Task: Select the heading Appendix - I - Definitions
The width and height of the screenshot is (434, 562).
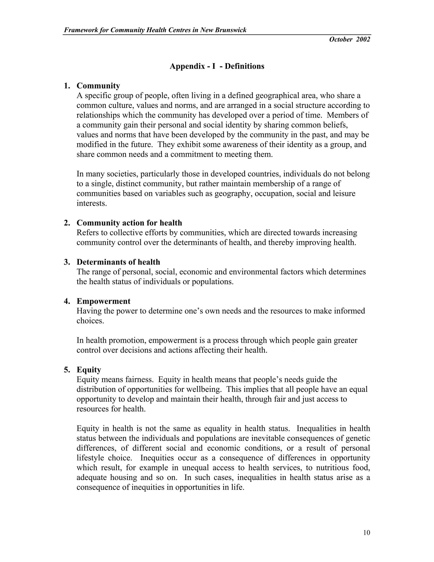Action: coord(217,66)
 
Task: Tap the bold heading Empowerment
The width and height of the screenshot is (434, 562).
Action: coord(103,301)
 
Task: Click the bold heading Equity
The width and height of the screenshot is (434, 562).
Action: coord(89,370)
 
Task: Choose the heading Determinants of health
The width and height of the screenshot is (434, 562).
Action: coord(118,262)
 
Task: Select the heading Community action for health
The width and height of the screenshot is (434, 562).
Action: coord(129,223)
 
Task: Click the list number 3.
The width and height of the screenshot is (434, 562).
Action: coord(67,262)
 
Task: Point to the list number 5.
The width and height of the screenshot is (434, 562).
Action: coord(67,370)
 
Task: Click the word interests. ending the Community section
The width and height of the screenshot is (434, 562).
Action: coord(92,203)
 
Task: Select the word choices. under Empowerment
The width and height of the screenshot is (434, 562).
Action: coord(90,321)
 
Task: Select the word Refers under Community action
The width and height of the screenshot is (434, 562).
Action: coord(88,233)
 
